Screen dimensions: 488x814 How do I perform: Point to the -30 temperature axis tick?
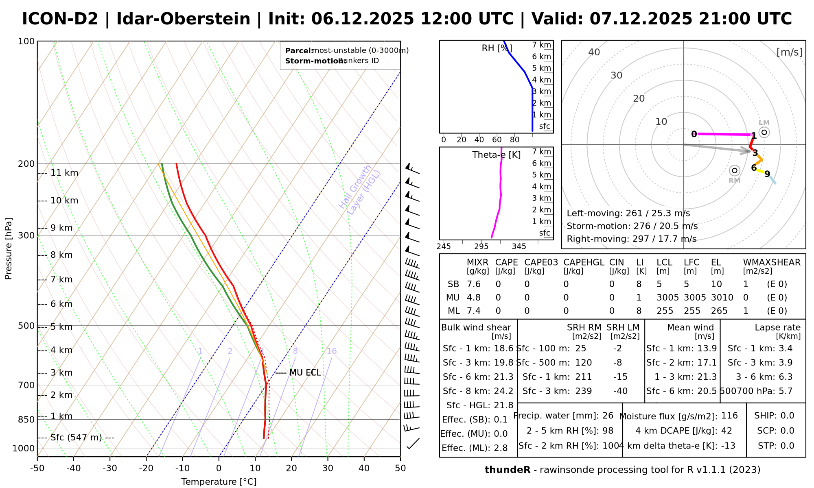tap(110, 468)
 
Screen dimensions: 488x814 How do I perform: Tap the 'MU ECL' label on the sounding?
tap(305, 373)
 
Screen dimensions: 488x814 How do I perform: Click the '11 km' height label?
tap(64, 173)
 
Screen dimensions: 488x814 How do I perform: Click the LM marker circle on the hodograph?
tap(764, 132)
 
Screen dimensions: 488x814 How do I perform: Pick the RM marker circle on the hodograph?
tap(734, 170)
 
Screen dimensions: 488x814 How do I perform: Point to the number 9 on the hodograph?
tap(767, 174)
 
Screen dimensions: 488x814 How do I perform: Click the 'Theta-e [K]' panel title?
tap(496, 155)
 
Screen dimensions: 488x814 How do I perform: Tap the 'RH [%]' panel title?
tap(497, 48)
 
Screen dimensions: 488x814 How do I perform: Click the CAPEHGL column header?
tap(584, 263)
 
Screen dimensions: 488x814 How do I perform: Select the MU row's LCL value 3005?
tap(667, 298)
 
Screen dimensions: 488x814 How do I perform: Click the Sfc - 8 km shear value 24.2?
tap(503, 391)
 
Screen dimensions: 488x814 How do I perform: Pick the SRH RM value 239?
tap(583, 391)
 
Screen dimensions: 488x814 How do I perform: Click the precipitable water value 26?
tap(608, 416)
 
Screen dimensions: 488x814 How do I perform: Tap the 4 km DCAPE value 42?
tap(726, 431)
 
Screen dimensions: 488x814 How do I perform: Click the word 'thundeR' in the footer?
tap(508, 470)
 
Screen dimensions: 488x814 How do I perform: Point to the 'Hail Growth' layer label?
tap(355, 187)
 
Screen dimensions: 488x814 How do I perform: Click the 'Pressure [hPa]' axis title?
tap(9, 249)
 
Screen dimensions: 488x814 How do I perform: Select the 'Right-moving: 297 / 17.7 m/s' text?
tap(631, 239)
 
